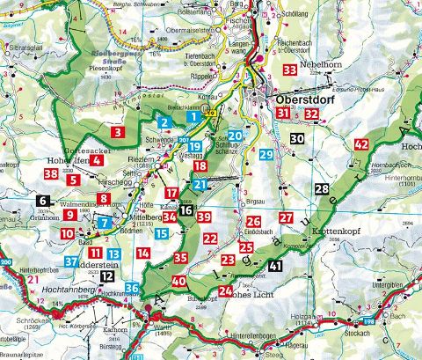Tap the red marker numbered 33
coord(289,70)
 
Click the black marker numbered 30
coord(298,138)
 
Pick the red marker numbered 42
coord(360,144)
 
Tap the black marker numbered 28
coord(323,189)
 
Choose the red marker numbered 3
coord(117,133)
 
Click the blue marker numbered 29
coord(266,154)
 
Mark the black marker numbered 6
coord(44,202)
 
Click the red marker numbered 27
coord(285,218)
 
